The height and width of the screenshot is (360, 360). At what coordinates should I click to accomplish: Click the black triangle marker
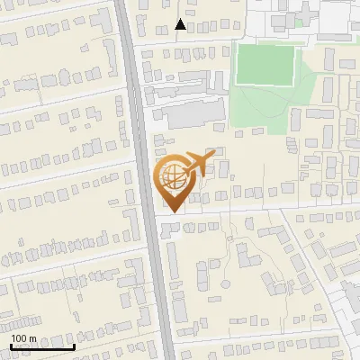click(x=181, y=24)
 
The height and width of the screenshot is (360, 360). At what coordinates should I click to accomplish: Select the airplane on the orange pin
click(x=197, y=164)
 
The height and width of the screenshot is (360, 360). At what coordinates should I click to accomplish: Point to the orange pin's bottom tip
click(x=171, y=212)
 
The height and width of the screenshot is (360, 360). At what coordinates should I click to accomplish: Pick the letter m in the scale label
click(x=32, y=338)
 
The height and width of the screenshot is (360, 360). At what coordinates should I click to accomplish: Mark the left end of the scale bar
click(x=10, y=346)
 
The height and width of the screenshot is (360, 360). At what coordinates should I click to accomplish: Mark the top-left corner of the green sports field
click(x=237, y=44)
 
